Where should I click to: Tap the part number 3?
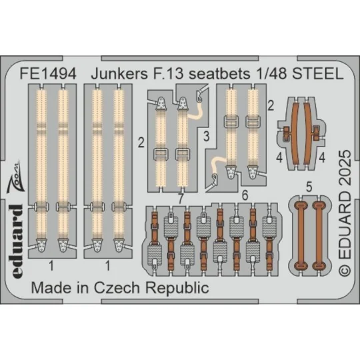click(207, 138)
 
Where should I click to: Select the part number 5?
click(307, 188)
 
